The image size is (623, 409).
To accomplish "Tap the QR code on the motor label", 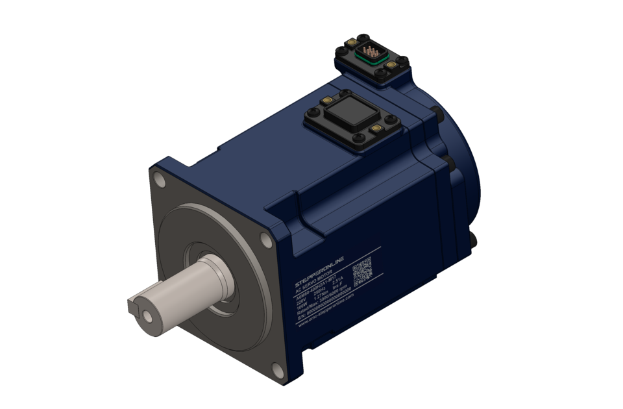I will coord(362,272).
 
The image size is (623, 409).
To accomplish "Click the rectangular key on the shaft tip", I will coord(135,305).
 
